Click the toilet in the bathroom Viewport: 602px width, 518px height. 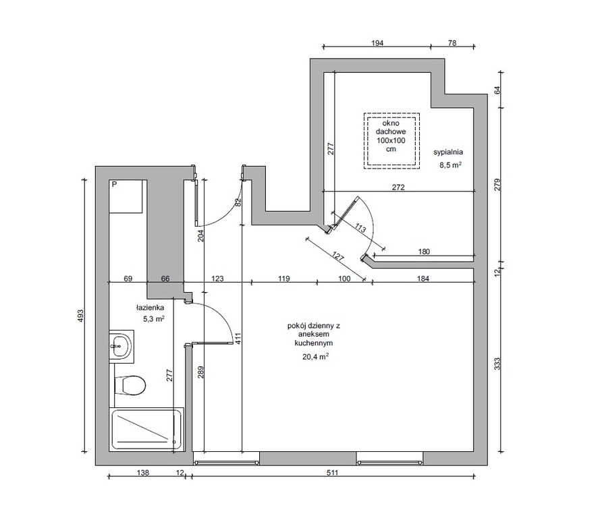pyautogui.click(x=130, y=385)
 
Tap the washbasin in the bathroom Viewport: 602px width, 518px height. pyautogui.click(x=121, y=346)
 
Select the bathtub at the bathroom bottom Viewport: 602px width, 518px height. pyautogui.click(x=146, y=430)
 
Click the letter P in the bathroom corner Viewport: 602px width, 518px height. pyautogui.click(x=114, y=184)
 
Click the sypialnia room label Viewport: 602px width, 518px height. pyautogui.click(x=448, y=152)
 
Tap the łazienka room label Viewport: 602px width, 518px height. pyautogui.click(x=150, y=308)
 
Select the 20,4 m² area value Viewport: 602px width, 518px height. pyautogui.click(x=316, y=356)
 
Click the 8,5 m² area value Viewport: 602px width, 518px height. pyautogui.click(x=450, y=165)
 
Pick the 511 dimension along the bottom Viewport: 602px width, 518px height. pyautogui.click(x=333, y=473)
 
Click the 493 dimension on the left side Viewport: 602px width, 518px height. pyautogui.click(x=80, y=316)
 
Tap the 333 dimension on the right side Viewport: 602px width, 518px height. pyautogui.click(x=497, y=364)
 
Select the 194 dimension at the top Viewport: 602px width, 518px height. pyautogui.click(x=377, y=43)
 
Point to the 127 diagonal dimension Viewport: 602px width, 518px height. pyautogui.click(x=337, y=257)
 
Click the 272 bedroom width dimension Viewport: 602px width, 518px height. pyautogui.click(x=398, y=188)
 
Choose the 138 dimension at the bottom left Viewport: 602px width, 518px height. pyautogui.click(x=143, y=473)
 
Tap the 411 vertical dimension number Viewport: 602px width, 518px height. pyautogui.click(x=238, y=338)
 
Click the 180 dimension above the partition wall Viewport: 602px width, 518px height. pyautogui.click(x=424, y=252)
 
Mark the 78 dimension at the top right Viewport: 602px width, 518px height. pyautogui.click(x=452, y=43)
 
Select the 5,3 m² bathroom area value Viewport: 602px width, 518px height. pyautogui.click(x=154, y=319)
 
